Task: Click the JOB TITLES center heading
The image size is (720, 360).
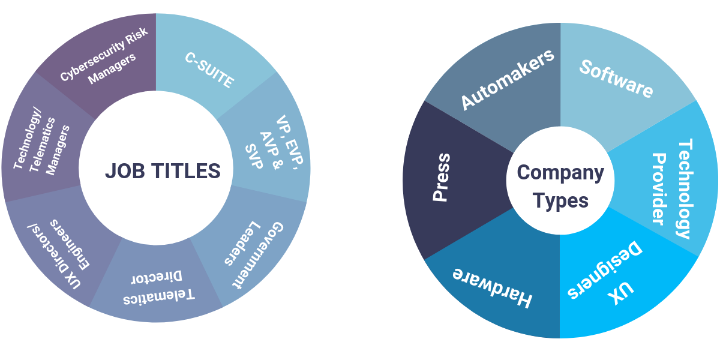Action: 163,171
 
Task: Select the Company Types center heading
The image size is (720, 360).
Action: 560,186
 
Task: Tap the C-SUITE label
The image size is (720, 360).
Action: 209,71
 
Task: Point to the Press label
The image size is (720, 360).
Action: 441,178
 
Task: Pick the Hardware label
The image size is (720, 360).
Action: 492,287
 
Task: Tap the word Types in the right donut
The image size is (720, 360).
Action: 560,200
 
